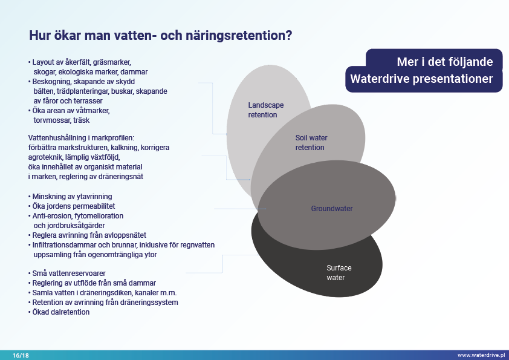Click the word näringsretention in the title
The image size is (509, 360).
241,36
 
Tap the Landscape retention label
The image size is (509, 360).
265,110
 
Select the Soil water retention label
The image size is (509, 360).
311,143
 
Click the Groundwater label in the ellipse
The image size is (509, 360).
332,209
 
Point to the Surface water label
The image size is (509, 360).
339,273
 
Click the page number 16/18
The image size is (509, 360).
21,355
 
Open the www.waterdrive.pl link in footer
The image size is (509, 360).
481,355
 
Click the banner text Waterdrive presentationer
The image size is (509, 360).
421,79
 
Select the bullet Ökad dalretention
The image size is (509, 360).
61,312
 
